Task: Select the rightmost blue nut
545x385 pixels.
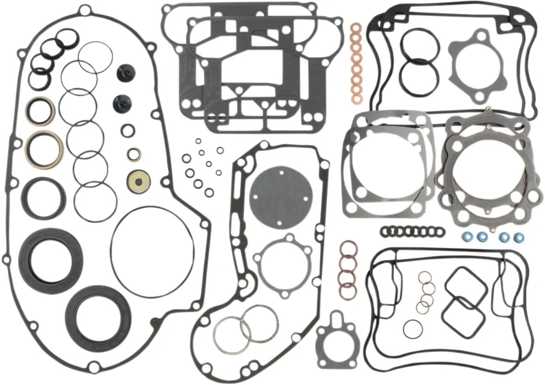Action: [518, 238]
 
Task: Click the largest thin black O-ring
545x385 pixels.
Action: [152, 246]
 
